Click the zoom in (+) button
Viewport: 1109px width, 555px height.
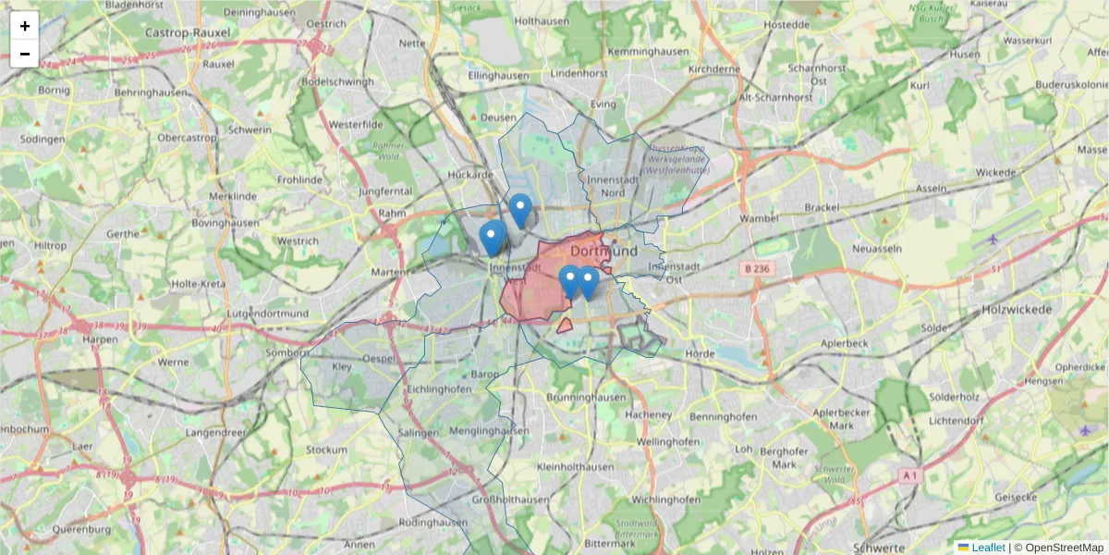pyautogui.click(x=24, y=26)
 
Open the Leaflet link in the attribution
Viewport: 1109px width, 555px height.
pyautogui.click(x=987, y=548)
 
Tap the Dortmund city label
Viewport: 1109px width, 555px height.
pyautogui.click(x=604, y=251)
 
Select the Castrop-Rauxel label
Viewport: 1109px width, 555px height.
pyautogui.click(x=188, y=32)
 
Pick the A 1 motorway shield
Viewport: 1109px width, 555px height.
pyautogui.click(x=910, y=475)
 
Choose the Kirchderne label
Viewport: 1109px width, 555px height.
pyautogui.click(x=715, y=68)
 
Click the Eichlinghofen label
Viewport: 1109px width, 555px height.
pyautogui.click(x=438, y=389)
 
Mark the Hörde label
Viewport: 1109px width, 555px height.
pyautogui.click(x=700, y=353)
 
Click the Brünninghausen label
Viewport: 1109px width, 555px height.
pyautogui.click(x=586, y=397)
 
